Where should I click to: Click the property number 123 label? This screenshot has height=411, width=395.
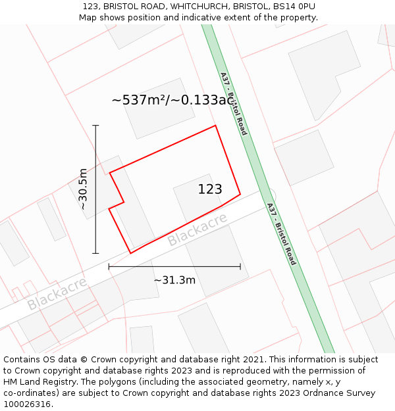click(210, 189)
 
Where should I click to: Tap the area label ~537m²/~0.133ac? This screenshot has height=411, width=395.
click(172, 100)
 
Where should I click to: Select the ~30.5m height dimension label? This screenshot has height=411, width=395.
click(83, 189)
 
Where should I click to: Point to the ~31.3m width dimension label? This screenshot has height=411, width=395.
click(174, 280)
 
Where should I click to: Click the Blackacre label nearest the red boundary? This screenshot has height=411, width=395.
click(197, 229)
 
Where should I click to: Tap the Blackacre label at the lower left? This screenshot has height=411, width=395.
click(57, 294)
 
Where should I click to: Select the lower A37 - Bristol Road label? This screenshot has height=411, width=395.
click(281, 234)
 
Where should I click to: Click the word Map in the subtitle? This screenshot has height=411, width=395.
click(88, 18)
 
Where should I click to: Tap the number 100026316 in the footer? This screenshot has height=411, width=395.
click(28, 404)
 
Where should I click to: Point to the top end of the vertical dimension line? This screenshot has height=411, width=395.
click(95, 125)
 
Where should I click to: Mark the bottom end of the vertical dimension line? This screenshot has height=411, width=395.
click(95, 253)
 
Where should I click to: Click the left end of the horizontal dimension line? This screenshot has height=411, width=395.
click(109, 266)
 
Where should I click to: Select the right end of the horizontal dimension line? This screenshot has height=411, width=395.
click(240, 266)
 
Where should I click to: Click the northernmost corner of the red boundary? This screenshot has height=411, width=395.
click(215, 126)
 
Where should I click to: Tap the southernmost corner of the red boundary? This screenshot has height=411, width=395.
click(130, 253)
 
